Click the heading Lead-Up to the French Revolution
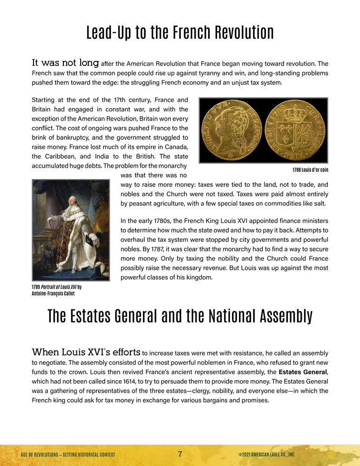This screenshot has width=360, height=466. [x=180, y=33]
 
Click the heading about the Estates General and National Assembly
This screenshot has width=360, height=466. [x=180, y=316]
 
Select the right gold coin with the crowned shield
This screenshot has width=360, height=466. [x=295, y=130]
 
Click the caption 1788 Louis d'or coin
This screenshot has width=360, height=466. [x=310, y=170]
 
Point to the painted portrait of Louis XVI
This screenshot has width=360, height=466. [x=71, y=230]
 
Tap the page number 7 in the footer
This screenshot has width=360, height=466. [x=180, y=454]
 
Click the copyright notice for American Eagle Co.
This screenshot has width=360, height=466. [x=266, y=454]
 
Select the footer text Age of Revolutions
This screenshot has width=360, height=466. [x=68, y=454]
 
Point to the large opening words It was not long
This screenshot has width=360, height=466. [x=65, y=63]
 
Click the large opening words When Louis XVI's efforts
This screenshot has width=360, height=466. [x=86, y=352]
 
